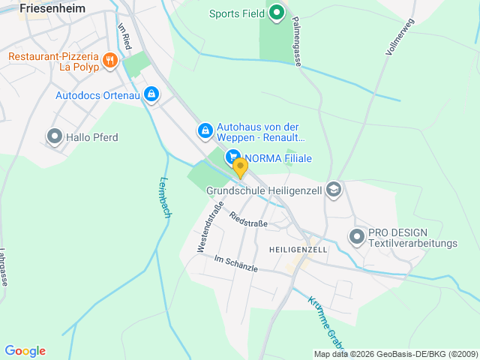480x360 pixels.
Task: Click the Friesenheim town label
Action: [x=52, y=8]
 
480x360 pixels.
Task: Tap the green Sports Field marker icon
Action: [x=276, y=12]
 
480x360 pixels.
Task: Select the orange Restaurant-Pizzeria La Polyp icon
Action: [x=109, y=60]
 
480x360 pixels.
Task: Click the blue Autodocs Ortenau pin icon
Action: [x=151, y=94]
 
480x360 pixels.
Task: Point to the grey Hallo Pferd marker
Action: [x=55, y=136]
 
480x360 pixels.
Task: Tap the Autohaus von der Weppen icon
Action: [x=205, y=130]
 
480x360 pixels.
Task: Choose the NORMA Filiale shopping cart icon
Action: [x=233, y=157]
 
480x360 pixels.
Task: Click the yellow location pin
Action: [x=240, y=167]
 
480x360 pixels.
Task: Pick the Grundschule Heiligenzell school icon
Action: [x=334, y=190]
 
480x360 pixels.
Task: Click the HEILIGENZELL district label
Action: [x=298, y=249]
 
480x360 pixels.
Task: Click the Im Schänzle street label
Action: [x=235, y=263]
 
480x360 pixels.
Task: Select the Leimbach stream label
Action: [x=166, y=197]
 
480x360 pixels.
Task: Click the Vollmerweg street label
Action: [x=399, y=37]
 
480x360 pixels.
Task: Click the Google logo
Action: [x=25, y=350]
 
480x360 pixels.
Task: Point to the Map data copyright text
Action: [x=394, y=354]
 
